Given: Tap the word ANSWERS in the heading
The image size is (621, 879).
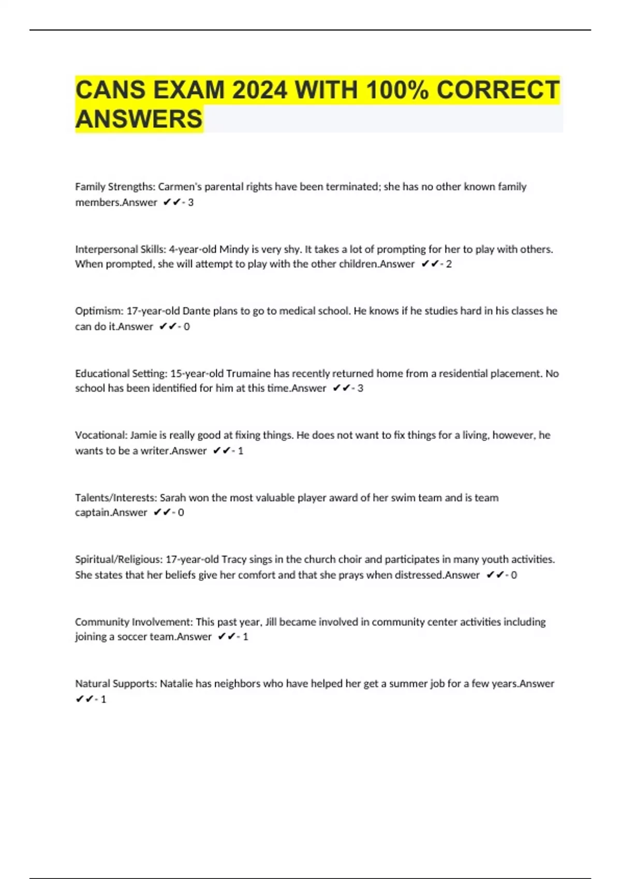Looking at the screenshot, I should pos(139,119).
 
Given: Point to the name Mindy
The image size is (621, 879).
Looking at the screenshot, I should pos(234,249).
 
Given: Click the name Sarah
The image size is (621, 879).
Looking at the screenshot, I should pos(172,498).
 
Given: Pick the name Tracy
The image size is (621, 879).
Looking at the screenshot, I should pos(234,559).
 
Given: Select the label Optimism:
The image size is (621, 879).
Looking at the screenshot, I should pos(99,311).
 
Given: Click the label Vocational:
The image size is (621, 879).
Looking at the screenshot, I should pos(101,435).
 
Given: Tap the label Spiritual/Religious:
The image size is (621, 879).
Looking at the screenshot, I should pos(119,559).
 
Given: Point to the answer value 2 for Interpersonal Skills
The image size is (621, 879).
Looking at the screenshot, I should pos(449,264).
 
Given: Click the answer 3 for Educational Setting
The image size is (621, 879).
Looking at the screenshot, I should pos(360,388).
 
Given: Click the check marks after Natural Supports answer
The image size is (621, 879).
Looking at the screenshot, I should pos(84,699).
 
